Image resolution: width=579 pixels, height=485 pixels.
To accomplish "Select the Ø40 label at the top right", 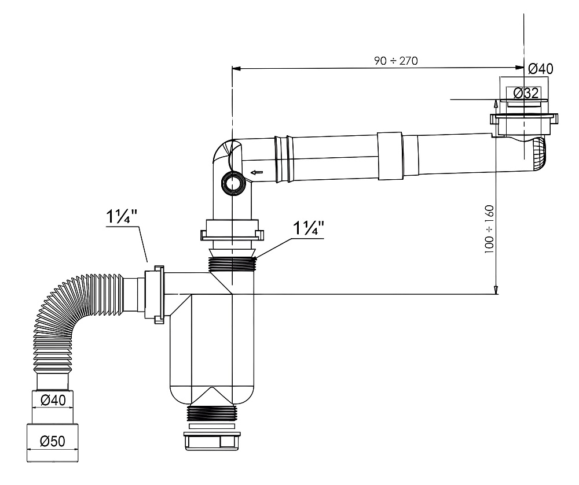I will point(540,69).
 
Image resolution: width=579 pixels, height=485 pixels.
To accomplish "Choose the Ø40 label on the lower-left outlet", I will point(52,399).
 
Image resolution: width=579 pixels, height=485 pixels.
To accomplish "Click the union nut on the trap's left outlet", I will point(157,294).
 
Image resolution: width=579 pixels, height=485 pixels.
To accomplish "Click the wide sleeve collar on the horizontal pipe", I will point(389,154).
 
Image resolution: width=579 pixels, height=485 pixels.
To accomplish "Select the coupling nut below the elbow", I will point(232,231).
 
